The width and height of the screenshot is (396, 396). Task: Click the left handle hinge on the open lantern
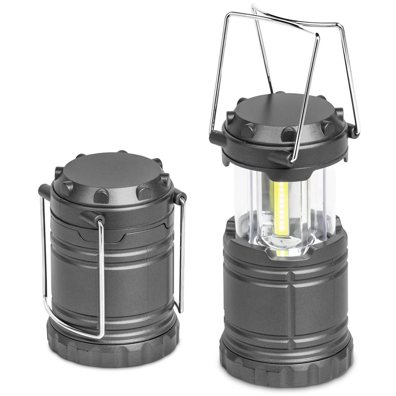click(x=217, y=137)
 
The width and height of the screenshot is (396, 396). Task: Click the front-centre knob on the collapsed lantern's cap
click(x=101, y=196)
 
